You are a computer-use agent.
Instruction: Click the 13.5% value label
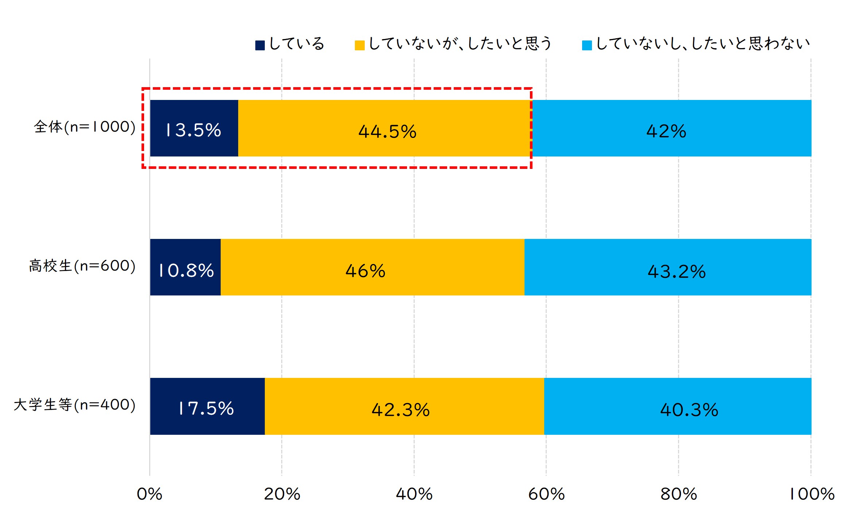point(193,130)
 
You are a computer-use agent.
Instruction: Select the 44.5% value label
point(387,131)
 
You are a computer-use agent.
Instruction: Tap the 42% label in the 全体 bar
point(666,131)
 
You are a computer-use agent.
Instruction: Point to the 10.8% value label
point(186,271)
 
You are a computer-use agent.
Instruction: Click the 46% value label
point(365,271)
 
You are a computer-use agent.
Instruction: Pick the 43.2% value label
point(677,272)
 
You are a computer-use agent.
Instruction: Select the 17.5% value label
point(206,409)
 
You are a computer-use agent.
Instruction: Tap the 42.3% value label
point(400,410)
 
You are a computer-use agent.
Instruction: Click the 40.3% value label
point(689,410)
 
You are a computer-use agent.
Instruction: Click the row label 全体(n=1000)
point(85,127)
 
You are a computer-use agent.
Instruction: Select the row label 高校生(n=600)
point(82,266)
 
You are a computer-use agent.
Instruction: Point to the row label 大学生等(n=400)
point(75,405)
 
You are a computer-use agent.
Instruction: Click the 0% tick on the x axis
point(149,494)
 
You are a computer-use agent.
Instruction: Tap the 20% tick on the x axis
point(282,494)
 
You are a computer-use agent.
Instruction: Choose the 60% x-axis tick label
point(546,494)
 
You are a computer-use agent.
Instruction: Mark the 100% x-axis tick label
point(812,494)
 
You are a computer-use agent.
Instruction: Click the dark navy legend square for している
point(260,45)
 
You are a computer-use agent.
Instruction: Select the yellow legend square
point(360,45)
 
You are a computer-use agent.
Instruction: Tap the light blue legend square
point(587,45)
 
